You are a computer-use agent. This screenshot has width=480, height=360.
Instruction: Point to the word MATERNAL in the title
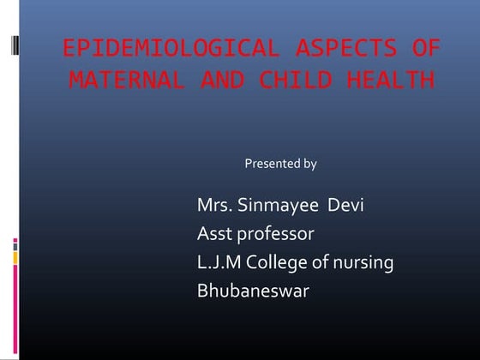[x=127, y=81]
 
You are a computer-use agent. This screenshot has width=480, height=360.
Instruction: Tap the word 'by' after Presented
[x=309, y=164]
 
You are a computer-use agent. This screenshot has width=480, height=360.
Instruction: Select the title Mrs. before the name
[x=214, y=206]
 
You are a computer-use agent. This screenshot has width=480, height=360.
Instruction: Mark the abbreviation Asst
[x=214, y=234]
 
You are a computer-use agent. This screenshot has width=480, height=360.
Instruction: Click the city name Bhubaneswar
[x=253, y=291]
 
